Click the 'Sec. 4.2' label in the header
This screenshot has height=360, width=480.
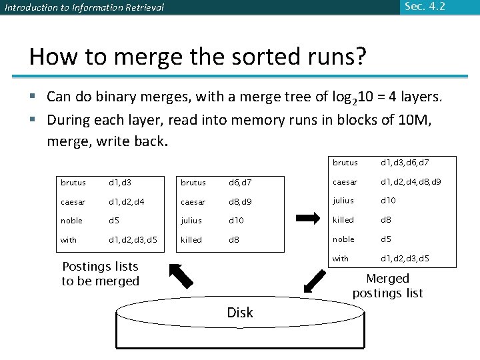pyautogui.click(x=425, y=7)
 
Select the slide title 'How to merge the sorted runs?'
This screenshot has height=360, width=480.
pyautogui.click(x=197, y=57)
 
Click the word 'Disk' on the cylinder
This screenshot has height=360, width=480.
pyautogui.click(x=239, y=313)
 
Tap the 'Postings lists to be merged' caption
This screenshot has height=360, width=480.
pyautogui.click(x=100, y=273)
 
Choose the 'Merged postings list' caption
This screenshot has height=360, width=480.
pyautogui.click(x=387, y=285)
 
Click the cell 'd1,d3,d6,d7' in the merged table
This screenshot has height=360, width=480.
pyautogui.click(x=405, y=163)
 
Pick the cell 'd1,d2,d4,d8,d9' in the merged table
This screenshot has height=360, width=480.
pyautogui.click(x=410, y=182)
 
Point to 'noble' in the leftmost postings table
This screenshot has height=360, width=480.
pyautogui.click(x=72, y=221)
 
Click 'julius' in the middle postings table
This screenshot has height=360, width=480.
pyautogui.click(x=191, y=221)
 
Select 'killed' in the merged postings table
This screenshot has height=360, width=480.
pyautogui.click(x=343, y=220)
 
